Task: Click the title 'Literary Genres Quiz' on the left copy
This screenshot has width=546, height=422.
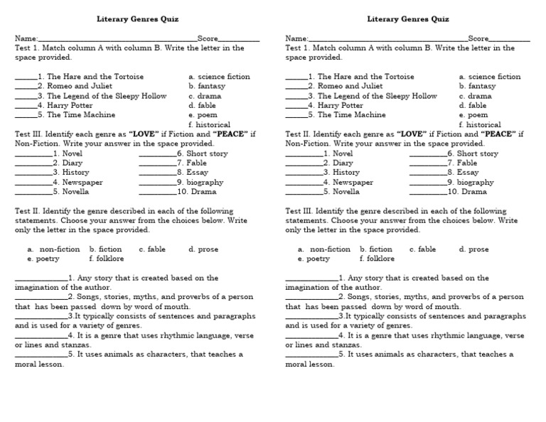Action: (138, 19)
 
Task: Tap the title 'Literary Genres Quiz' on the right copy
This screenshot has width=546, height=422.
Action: (408, 19)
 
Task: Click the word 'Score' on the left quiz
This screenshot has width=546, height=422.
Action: (208, 38)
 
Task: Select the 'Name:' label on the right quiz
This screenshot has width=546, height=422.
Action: (296, 38)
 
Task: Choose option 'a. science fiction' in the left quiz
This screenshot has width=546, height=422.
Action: (219, 77)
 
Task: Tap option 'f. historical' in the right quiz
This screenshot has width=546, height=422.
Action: (480, 124)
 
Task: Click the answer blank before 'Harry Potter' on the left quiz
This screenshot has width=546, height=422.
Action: (26, 105)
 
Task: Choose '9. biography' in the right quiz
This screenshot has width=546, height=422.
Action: (471, 182)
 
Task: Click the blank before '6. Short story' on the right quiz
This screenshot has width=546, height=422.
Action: (428, 153)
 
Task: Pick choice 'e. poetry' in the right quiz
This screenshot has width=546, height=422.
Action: (314, 259)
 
